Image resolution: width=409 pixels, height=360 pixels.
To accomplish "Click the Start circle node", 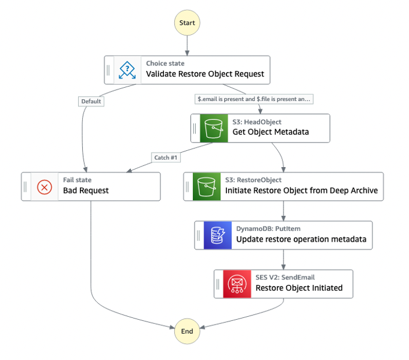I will (187, 23).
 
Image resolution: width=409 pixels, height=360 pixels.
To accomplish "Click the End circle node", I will (187, 331).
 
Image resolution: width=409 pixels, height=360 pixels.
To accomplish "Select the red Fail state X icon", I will (45, 187).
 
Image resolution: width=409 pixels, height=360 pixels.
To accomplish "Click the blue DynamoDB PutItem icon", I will (217, 235).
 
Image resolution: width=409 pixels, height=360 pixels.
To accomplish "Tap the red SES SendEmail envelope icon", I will (237, 284).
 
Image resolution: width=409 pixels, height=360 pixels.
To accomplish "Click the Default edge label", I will (91, 102).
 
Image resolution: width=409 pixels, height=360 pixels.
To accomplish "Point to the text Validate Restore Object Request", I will (205, 75).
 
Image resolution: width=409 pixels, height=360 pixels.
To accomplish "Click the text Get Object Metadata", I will (270, 132).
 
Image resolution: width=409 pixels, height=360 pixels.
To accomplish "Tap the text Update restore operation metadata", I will (301, 239).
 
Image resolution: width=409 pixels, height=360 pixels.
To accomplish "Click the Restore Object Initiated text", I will (299, 288).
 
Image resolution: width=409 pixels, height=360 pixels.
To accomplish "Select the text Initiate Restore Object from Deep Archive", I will (301, 191).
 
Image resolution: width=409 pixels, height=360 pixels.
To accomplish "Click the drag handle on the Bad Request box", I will (25, 187).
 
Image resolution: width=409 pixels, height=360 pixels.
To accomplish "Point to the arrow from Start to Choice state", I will (187, 45).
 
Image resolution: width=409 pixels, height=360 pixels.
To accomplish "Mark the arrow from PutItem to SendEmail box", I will (283, 259).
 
